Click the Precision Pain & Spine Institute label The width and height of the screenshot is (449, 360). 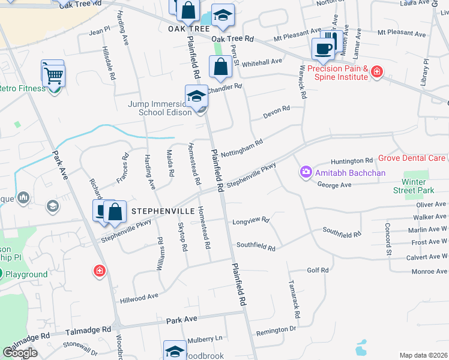pos(338,73)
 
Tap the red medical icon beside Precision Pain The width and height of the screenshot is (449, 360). pos(377,73)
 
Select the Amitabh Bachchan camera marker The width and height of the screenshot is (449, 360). pos(306,173)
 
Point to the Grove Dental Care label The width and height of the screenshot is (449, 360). pos(411,158)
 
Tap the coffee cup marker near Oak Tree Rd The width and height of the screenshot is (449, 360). pos(324,49)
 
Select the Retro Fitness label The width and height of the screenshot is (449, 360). pos(22,88)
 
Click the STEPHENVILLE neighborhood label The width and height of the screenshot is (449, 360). pos(163,211)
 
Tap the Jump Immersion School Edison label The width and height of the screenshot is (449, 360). pos(159,108)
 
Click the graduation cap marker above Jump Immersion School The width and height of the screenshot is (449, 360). pos(196,95)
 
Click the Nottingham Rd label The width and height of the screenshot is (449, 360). pos(242,149)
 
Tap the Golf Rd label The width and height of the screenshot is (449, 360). pos(318,270)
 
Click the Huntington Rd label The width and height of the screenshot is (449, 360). pos(352,161)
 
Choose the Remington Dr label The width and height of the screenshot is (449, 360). pos(276,329)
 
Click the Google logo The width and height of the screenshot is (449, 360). pos(20,353)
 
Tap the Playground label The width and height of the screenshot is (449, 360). pos(27,274)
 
